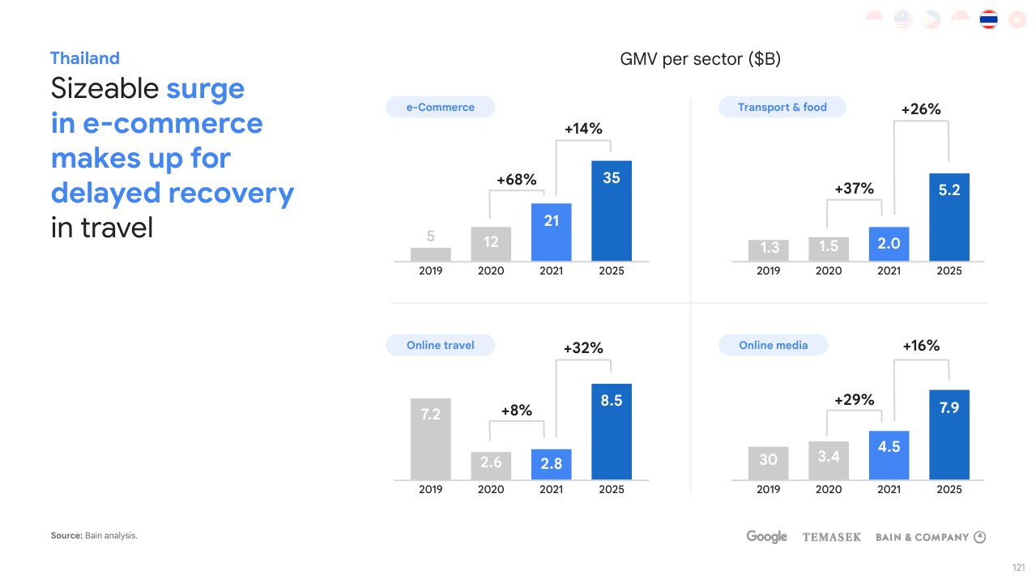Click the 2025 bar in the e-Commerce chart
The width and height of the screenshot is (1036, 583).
(612, 211)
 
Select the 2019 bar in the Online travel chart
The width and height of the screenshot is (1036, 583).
(431, 438)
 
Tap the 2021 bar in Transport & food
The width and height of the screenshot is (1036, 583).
(889, 244)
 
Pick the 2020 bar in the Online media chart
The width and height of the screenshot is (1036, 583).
(829, 460)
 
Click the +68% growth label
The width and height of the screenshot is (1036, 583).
(517, 180)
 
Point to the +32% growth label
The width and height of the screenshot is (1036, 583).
(583, 348)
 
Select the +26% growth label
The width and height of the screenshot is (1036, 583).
(921, 109)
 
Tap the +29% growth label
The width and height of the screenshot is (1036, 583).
(855, 399)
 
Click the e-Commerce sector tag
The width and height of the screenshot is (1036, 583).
(440, 107)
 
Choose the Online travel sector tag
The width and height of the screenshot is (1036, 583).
(441, 345)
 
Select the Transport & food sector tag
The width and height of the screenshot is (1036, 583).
(782, 107)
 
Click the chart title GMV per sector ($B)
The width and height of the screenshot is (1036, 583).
(700, 59)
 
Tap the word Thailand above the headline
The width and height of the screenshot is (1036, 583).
(84, 58)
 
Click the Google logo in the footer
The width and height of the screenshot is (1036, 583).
(766, 537)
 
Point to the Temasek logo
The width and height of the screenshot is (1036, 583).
(831, 537)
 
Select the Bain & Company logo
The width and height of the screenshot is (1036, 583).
(930, 537)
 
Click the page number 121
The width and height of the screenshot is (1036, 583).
(1019, 567)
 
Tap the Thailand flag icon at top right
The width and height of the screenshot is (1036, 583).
(988, 19)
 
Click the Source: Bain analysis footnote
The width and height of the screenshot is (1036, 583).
(94, 535)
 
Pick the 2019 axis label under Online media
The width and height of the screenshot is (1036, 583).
(768, 489)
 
